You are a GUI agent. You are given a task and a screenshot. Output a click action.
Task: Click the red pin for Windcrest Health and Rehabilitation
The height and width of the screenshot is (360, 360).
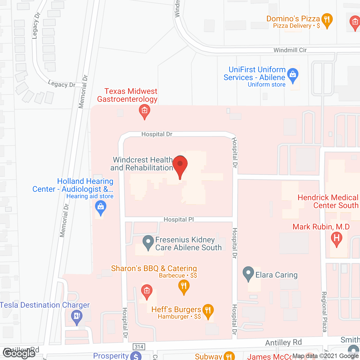pyautogui.click(x=180, y=165)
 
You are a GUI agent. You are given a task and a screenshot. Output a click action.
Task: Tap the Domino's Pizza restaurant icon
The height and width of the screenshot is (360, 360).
pyautogui.click(x=327, y=20)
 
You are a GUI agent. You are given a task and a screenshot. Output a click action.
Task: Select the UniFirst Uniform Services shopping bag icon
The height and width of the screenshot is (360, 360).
pyautogui.click(x=293, y=75)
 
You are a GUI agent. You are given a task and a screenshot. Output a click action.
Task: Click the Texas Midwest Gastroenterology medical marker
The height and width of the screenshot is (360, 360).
pyautogui.click(x=145, y=111)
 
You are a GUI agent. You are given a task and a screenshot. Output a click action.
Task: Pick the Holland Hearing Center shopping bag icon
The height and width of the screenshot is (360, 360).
pyautogui.click(x=101, y=208)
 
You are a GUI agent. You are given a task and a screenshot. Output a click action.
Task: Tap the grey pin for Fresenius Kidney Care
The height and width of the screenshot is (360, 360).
pyautogui.click(x=148, y=242)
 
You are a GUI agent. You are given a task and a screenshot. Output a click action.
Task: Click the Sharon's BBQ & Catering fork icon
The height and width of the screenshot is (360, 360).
pyautogui.click(x=184, y=286)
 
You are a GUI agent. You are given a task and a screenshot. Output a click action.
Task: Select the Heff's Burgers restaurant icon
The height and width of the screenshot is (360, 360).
pyautogui.click(x=208, y=310)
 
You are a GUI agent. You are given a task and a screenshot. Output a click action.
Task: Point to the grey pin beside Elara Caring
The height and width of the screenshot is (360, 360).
pyautogui.click(x=248, y=273)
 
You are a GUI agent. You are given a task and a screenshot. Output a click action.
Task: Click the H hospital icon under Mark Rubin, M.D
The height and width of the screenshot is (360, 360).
pyautogui.click(x=336, y=238)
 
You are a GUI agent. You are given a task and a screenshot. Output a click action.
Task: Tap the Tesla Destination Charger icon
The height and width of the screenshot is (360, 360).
pyautogui.click(x=77, y=316)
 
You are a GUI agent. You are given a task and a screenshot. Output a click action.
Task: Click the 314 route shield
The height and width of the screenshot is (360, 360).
pyautogui.click(x=139, y=347)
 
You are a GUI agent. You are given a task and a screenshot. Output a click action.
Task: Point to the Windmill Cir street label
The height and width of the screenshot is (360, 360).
pyautogui.click(x=290, y=50)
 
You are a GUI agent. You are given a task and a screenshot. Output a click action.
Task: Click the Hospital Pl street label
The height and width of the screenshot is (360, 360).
pyautogui.click(x=179, y=219)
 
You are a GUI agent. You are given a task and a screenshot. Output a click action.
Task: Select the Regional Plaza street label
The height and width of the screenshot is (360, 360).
pyautogui.click(x=324, y=312)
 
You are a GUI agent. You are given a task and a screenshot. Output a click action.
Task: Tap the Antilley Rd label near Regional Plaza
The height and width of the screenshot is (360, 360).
pyautogui.click(x=283, y=342)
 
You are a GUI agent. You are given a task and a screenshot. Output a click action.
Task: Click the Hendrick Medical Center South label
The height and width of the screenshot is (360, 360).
pyautogui.click(x=328, y=201)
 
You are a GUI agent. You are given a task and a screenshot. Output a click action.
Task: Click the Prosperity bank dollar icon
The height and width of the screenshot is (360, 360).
pyautogui.click(x=136, y=356)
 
